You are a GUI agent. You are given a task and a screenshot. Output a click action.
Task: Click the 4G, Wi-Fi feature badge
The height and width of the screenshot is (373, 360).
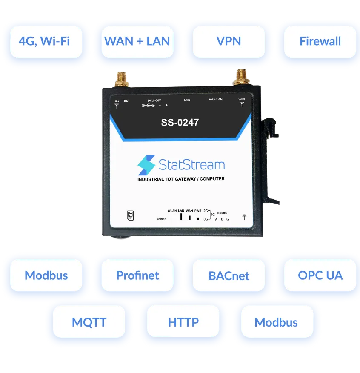tap(44, 41)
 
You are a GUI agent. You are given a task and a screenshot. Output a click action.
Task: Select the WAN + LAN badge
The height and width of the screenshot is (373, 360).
tap(137, 41)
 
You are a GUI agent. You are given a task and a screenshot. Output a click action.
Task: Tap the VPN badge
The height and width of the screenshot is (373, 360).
tap(229, 41)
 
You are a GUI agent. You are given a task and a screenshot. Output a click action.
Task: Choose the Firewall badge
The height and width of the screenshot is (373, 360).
tap(320, 41)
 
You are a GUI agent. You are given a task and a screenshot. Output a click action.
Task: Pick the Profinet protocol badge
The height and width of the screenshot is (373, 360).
tap(137, 275)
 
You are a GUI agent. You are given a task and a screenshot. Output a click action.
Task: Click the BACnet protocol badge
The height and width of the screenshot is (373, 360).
tap(229, 275)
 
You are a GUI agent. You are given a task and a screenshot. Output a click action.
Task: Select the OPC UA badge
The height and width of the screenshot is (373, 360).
tap(320, 275)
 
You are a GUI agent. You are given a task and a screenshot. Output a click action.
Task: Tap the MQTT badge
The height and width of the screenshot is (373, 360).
tap(89, 322)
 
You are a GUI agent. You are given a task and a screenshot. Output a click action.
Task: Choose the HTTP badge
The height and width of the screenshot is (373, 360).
tap(183, 322)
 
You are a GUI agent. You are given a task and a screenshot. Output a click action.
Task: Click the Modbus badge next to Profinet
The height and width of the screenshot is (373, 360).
tap(46, 275)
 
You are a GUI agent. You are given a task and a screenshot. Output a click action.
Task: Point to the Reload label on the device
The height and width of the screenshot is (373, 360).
tap(161, 219)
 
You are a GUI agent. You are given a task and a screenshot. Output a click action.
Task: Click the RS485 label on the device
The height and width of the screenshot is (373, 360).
tap(222, 212)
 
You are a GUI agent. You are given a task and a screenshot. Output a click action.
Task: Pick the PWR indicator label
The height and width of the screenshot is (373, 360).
tap(198, 210)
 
